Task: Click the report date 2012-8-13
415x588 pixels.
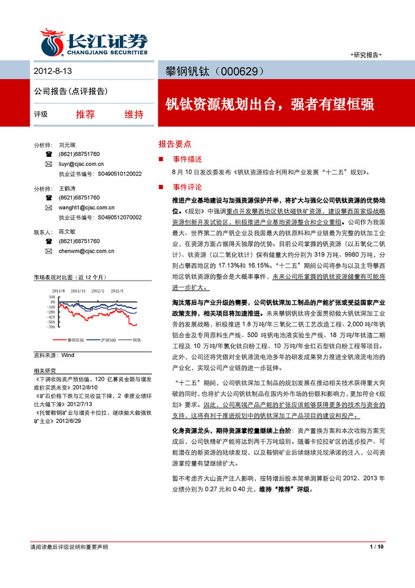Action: point(52,71)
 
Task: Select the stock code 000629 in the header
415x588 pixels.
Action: point(240,71)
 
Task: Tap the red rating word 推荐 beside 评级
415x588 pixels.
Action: point(85,115)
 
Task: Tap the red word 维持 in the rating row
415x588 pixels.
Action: point(134,115)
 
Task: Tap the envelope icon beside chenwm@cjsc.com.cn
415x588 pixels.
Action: point(48,251)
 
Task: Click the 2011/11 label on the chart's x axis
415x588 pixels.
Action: point(78,291)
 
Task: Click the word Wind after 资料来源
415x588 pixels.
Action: point(67,354)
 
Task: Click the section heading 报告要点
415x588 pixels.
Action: point(175,144)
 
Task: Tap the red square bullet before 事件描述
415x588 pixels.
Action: point(160,159)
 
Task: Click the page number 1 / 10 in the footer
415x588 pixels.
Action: point(377,546)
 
